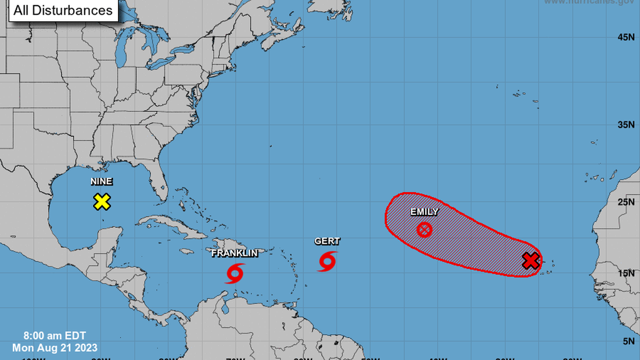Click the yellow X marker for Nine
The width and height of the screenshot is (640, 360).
tap(102, 202)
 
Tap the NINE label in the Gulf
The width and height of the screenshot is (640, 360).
tap(102, 181)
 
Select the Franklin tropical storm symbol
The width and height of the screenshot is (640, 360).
tap(235, 274)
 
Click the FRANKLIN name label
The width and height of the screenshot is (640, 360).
tap(235, 253)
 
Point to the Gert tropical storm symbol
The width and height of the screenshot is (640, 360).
tap(327, 261)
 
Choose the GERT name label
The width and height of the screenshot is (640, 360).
tap(327, 241)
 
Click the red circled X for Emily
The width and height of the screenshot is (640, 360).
tap(424, 229)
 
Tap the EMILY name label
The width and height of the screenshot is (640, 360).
tap(424, 212)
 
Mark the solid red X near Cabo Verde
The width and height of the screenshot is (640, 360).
tap(531, 260)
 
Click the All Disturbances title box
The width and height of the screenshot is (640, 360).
tap(63, 10)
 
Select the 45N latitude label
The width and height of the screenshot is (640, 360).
tap(626, 37)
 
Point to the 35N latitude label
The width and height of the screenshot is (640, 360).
tap(626, 124)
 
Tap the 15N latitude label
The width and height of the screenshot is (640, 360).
tap(626, 273)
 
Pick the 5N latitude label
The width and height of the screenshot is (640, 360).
tap(628, 340)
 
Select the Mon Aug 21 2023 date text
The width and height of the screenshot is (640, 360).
tap(55, 348)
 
